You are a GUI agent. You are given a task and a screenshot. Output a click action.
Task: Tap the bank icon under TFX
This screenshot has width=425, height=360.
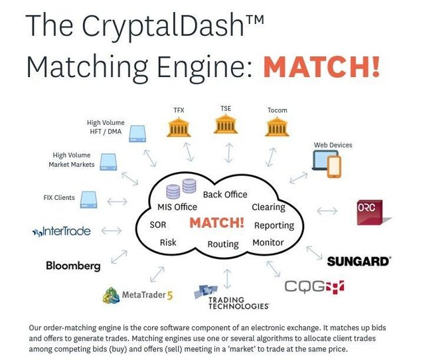(x=179, y=126)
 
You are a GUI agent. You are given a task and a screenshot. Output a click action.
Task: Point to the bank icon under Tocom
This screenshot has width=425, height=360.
(x=277, y=126)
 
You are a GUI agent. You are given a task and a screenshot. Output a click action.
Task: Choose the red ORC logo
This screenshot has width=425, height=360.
(x=374, y=212)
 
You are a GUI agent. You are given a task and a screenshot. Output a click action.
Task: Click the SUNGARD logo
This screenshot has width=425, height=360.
(x=358, y=261)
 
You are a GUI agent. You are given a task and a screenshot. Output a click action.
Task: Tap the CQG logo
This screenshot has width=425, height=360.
(x=315, y=286)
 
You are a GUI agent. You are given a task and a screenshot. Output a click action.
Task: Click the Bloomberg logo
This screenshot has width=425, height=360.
(x=73, y=266)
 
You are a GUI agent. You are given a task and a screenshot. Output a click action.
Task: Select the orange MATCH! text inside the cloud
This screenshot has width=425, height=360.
(x=216, y=223)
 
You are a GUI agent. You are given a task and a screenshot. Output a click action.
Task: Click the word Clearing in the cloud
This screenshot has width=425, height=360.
(x=268, y=207)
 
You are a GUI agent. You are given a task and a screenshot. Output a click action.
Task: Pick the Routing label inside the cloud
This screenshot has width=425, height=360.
(x=222, y=244)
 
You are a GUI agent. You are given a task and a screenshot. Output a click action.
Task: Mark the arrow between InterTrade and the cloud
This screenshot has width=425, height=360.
(x=111, y=230)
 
